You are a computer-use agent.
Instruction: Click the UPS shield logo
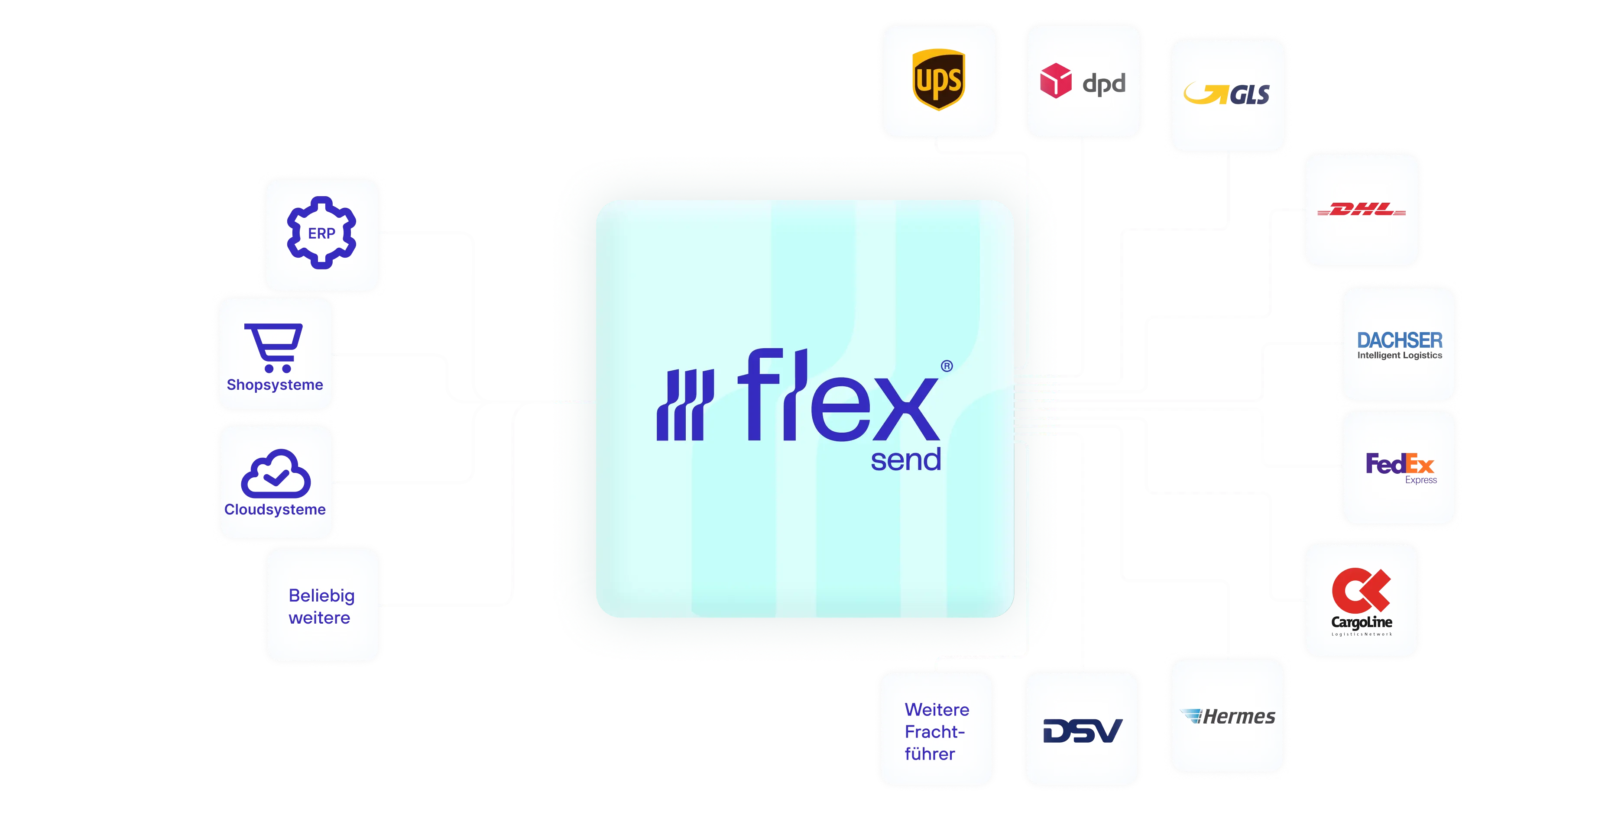(938, 80)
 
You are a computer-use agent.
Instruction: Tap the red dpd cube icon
(1056, 81)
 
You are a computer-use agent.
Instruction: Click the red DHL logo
(1361, 209)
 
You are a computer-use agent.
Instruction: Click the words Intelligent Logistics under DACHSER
(1399, 356)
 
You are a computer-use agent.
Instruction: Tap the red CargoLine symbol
(1361, 590)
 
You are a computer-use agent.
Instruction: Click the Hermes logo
(1228, 716)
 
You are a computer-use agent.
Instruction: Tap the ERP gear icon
(321, 233)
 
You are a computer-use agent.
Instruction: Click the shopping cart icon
(274, 348)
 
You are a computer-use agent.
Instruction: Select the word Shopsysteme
(275, 385)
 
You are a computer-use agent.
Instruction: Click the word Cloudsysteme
(275, 509)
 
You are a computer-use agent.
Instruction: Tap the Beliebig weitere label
(321, 606)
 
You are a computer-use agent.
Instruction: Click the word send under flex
(906, 459)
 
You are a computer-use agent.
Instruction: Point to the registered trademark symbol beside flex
(947, 366)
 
